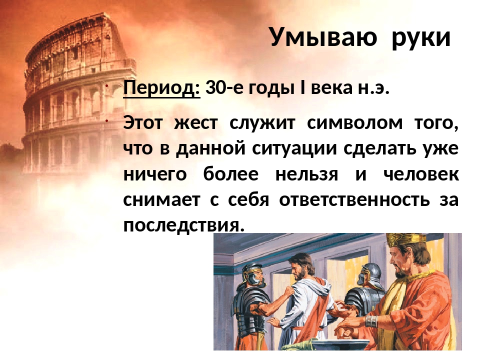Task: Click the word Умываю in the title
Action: (323, 37)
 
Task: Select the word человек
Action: (420, 174)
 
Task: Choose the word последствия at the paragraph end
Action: (184, 225)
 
